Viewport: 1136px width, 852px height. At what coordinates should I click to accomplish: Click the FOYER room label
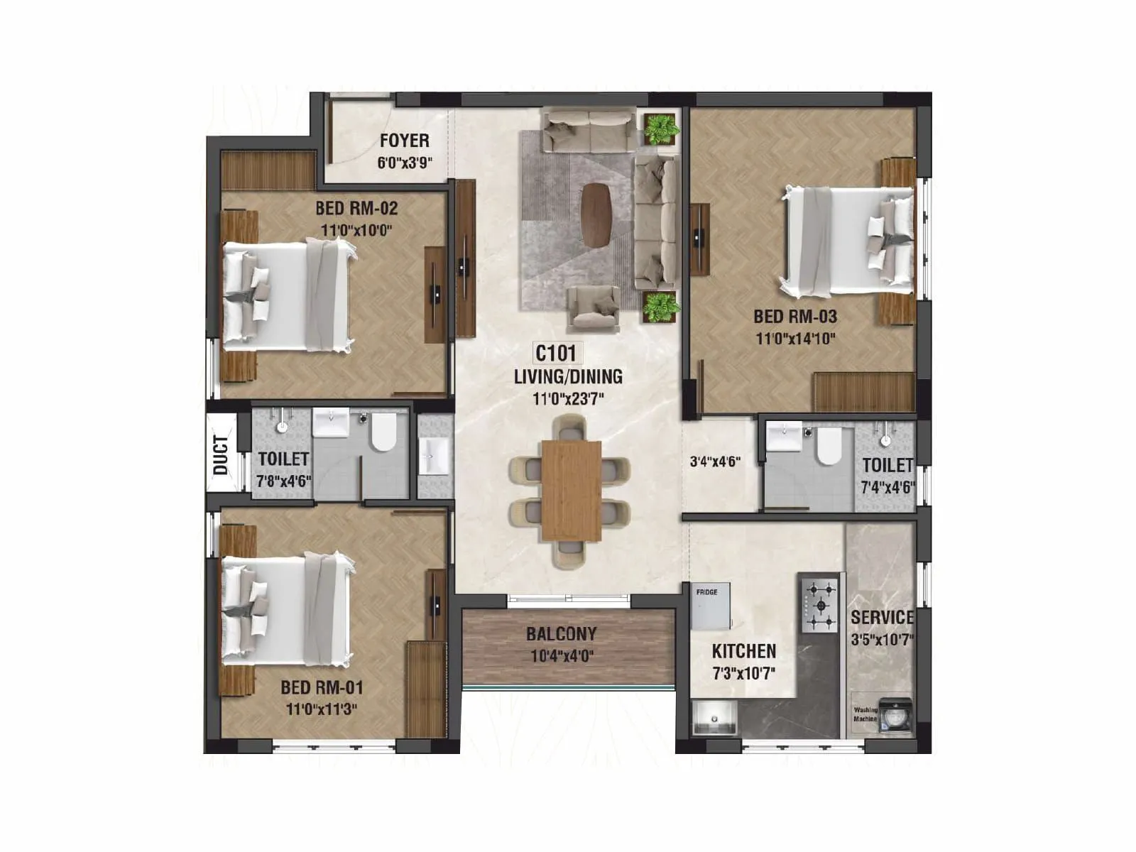click(x=404, y=141)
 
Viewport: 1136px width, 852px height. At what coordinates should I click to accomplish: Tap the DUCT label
click(x=221, y=455)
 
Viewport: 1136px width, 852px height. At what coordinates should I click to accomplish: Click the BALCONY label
click(x=561, y=633)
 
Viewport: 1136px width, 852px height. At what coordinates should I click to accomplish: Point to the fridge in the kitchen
click(x=711, y=606)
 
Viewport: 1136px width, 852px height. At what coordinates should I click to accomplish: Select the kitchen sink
click(x=714, y=719)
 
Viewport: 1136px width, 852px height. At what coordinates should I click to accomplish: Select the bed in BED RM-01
click(x=288, y=611)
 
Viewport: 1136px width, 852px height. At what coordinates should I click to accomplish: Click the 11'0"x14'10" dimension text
click(x=795, y=339)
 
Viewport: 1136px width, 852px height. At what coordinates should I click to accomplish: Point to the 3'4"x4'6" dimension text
click(x=715, y=461)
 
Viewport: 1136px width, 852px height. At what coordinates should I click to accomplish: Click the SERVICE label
click(x=882, y=617)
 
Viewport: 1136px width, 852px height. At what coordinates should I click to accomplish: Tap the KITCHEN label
click(x=743, y=651)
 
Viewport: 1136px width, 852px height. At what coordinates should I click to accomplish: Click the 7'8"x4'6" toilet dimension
click(x=283, y=481)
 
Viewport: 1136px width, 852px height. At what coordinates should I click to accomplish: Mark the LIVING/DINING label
click(x=568, y=376)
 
